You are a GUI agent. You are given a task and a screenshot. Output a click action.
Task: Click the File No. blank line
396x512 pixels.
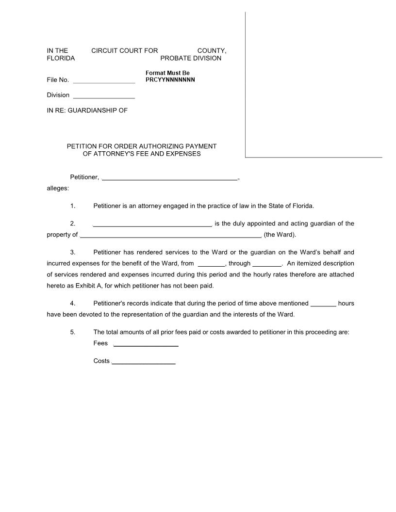tap(103, 81)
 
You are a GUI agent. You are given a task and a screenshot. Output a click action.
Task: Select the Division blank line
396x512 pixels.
tap(103, 96)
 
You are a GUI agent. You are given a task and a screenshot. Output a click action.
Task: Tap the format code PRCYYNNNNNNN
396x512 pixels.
tap(170, 80)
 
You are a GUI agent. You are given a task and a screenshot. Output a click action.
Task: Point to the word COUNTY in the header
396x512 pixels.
tap(212, 50)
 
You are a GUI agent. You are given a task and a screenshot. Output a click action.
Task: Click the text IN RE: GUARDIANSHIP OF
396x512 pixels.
tap(87, 111)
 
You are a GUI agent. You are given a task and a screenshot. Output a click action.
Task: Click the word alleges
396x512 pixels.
tap(58, 188)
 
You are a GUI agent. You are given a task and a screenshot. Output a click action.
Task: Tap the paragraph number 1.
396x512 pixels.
tap(73, 206)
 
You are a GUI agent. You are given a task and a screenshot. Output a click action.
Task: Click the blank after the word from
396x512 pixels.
tap(212, 265)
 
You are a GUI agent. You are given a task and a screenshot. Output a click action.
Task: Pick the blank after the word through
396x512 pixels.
tap(267, 265)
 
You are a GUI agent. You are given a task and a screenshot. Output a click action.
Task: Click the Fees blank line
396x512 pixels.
tap(146, 345)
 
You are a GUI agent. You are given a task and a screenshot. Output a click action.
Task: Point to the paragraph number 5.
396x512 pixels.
tap(73, 333)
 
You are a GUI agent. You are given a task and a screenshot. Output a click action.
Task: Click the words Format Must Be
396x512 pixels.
tap(167, 73)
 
